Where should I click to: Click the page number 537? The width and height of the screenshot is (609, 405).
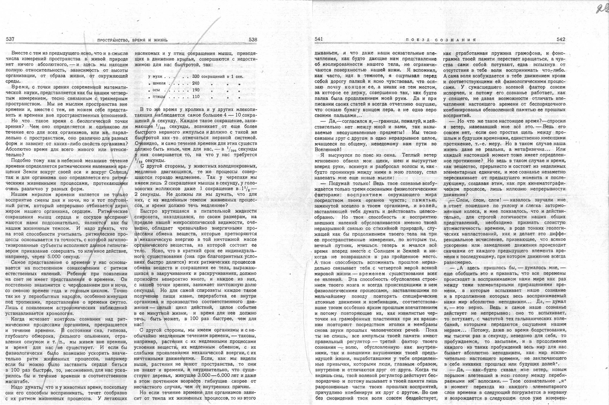(x=10, y=39)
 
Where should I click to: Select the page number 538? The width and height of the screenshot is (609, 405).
(x=253, y=40)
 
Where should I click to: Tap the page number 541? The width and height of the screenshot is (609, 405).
(x=318, y=39)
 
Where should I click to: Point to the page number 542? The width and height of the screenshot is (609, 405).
(x=561, y=39)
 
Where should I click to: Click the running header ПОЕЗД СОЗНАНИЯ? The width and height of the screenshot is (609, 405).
(x=441, y=40)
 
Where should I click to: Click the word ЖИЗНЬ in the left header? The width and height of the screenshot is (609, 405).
(x=160, y=40)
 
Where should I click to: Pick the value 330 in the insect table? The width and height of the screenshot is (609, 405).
(x=196, y=77)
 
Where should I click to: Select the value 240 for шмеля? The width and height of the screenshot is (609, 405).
(x=196, y=83)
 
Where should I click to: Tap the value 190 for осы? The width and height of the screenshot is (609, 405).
(x=196, y=90)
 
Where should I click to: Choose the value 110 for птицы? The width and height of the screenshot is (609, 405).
(x=196, y=97)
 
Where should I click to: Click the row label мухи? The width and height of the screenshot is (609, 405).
(x=157, y=77)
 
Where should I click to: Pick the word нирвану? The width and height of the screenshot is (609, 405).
(x=554, y=392)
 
